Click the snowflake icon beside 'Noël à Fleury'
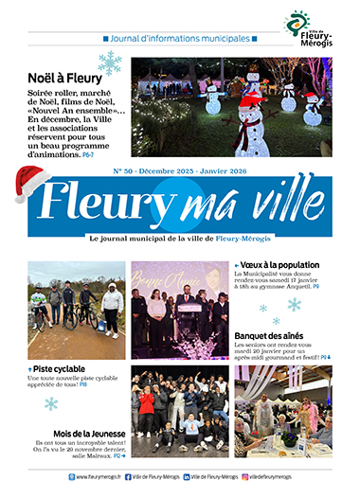click(111, 62)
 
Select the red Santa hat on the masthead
click(32, 181)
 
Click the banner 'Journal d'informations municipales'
click(180, 39)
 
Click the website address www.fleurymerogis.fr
click(98, 477)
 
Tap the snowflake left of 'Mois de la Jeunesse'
click(51, 403)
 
